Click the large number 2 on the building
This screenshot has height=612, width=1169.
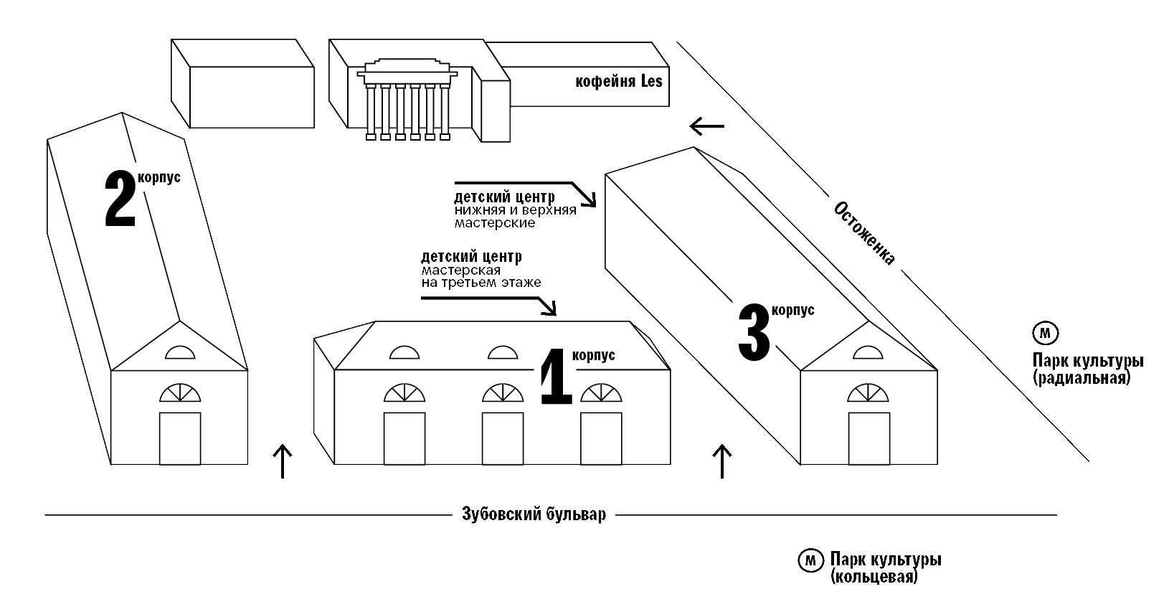click(120, 199)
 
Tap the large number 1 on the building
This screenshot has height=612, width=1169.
click(556, 377)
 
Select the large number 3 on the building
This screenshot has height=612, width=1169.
click(754, 332)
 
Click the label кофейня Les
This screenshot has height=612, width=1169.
click(618, 82)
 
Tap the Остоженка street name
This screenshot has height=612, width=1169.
click(864, 233)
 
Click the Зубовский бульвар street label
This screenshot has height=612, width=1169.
click(534, 514)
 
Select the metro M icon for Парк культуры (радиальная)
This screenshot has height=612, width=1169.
click(1045, 333)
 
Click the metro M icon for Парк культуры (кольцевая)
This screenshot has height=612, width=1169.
click(810, 560)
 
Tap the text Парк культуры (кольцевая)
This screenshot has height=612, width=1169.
click(885, 567)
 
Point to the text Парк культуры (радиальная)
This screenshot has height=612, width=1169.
click(1087, 369)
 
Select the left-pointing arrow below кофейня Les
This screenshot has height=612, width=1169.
click(706, 126)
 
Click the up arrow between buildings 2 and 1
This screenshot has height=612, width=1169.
click(283, 461)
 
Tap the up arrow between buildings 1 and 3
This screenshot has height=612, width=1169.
click(721, 461)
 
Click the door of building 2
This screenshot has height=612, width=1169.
click(179, 438)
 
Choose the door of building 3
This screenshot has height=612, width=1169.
click(869, 438)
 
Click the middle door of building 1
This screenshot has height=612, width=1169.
click(502, 438)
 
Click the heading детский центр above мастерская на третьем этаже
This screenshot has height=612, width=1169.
click(471, 257)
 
